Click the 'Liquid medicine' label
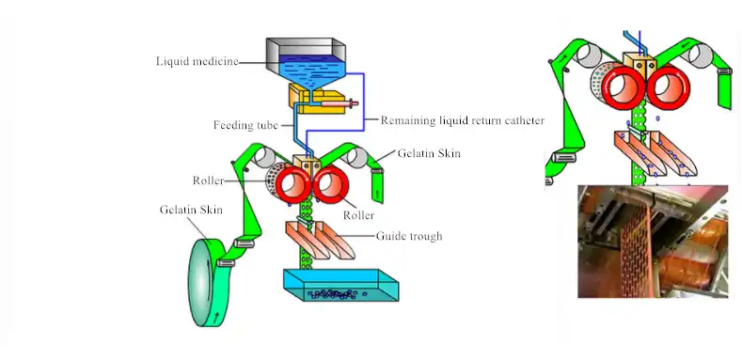point(197,62)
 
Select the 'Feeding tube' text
point(245,125)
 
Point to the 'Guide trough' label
point(409,236)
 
